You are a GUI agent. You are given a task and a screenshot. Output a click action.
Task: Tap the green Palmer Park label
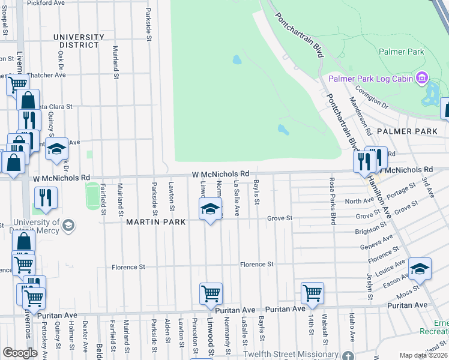(401, 52)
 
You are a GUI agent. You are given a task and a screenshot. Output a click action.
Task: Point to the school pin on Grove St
(210, 209)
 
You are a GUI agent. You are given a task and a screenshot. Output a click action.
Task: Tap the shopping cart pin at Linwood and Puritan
(211, 294)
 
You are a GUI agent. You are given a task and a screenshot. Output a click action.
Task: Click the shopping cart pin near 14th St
(313, 293)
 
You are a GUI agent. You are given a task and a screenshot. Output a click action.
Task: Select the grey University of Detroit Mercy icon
(68, 226)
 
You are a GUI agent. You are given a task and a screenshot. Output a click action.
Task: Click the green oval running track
(92, 196)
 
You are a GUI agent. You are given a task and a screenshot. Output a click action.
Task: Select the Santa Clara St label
(52, 106)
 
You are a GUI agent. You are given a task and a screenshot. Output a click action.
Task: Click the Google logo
(20, 352)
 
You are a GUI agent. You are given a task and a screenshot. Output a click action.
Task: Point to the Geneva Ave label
(376, 244)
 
